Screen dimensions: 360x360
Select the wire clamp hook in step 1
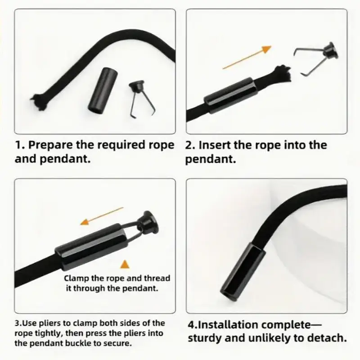[x=142, y=99]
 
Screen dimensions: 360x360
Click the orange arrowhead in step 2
[x=267, y=49]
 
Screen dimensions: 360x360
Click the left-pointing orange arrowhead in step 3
[x=85, y=222]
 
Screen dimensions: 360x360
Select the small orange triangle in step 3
[x=125, y=264]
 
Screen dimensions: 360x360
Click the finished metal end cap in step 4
[x=243, y=273]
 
